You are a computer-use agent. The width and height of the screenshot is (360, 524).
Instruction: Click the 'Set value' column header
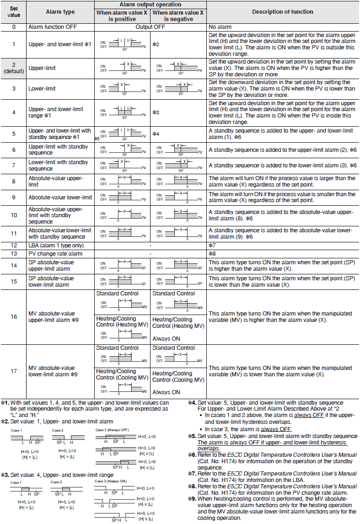tap(14, 12)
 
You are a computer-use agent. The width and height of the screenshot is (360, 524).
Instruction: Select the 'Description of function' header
tap(282, 12)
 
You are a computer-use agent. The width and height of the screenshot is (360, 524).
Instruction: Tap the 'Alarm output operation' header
tap(150, 4)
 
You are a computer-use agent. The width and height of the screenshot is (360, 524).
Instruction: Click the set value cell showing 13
tap(14, 253)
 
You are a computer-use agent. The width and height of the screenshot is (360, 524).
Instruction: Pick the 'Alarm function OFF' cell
tap(53, 27)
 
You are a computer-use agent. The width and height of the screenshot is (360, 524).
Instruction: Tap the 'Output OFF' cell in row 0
tap(150, 27)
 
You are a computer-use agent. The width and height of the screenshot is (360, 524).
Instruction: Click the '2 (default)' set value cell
tap(14, 68)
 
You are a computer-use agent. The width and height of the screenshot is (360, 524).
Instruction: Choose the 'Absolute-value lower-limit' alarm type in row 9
tap(60, 198)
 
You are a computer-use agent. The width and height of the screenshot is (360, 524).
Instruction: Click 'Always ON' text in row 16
tap(166, 339)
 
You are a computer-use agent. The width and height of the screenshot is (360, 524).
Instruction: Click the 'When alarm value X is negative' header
tap(178, 16)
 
